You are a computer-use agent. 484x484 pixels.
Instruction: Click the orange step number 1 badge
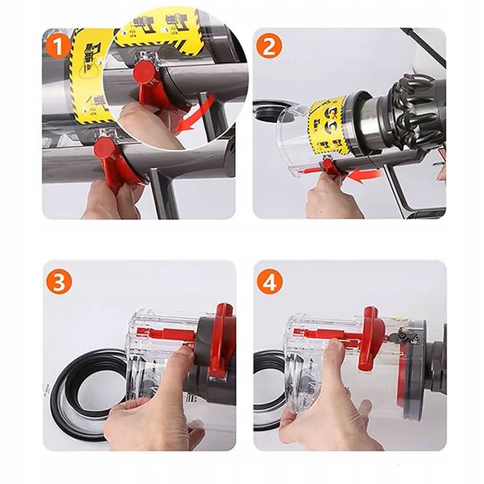pyautogui.click(x=58, y=47)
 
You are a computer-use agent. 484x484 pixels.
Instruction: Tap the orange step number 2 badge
pyautogui.click(x=269, y=47)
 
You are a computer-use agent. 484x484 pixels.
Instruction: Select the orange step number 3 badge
pyautogui.click(x=58, y=282)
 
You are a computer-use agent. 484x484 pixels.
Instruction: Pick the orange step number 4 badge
pyautogui.click(x=269, y=282)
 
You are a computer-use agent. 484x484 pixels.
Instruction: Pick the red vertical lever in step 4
pyautogui.click(x=370, y=336)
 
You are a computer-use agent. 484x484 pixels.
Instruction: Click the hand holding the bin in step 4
pyautogui.click(x=329, y=403)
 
